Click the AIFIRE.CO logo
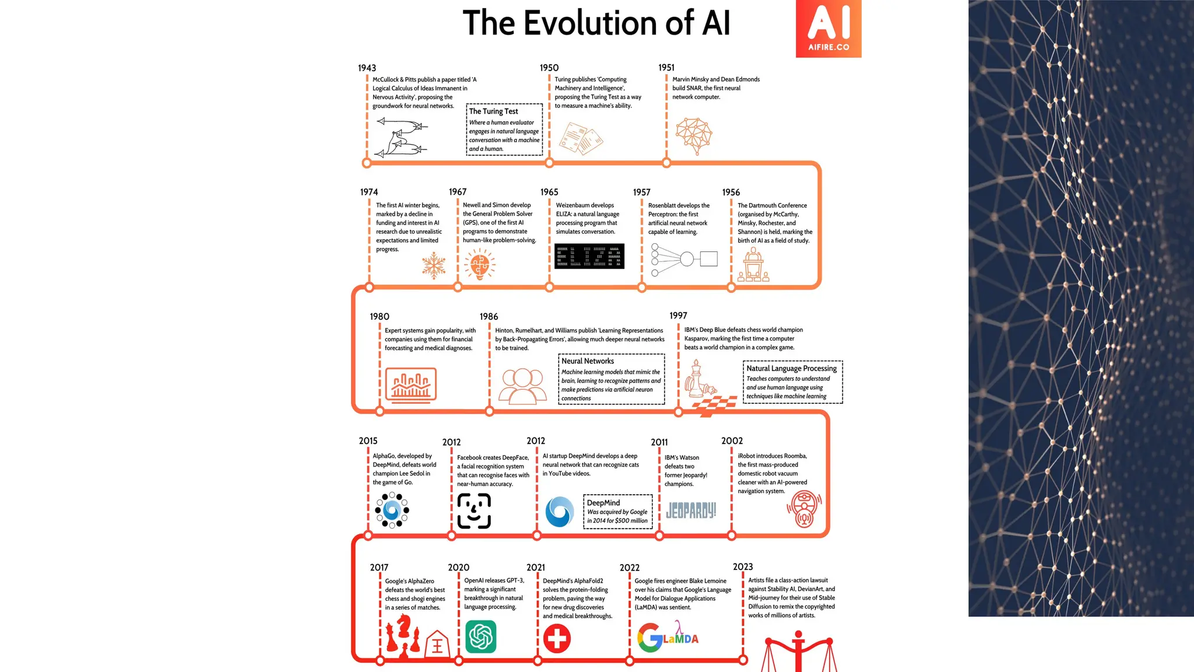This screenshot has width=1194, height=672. [x=828, y=29]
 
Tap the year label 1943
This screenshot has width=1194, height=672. [x=367, y=68]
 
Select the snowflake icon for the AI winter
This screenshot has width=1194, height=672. [x=434, y=265]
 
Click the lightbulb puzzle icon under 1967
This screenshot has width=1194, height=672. [x=480, y=265]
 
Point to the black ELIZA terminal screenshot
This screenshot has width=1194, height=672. [x=589, y=256]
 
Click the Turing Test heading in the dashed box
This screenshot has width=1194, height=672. [x=493, y=111]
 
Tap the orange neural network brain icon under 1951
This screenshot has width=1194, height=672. [x=694, y=135]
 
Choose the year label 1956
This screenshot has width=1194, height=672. [x=731, y=192]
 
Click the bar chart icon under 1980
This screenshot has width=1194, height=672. [x=410, y=384]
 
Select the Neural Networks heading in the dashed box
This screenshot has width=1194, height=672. [x=587, y=361]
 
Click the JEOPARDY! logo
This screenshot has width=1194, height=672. [x=691, y=511]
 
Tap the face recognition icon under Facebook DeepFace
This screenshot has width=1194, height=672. [x=474, y=511]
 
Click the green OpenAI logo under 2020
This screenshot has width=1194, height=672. [x=480, y=636]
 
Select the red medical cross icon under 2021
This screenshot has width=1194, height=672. [x=557, y=638]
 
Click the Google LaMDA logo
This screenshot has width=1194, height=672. [x=668, y=636]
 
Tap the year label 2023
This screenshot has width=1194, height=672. [x=742, y=567]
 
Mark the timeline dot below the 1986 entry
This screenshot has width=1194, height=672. [x=489, y=411]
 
